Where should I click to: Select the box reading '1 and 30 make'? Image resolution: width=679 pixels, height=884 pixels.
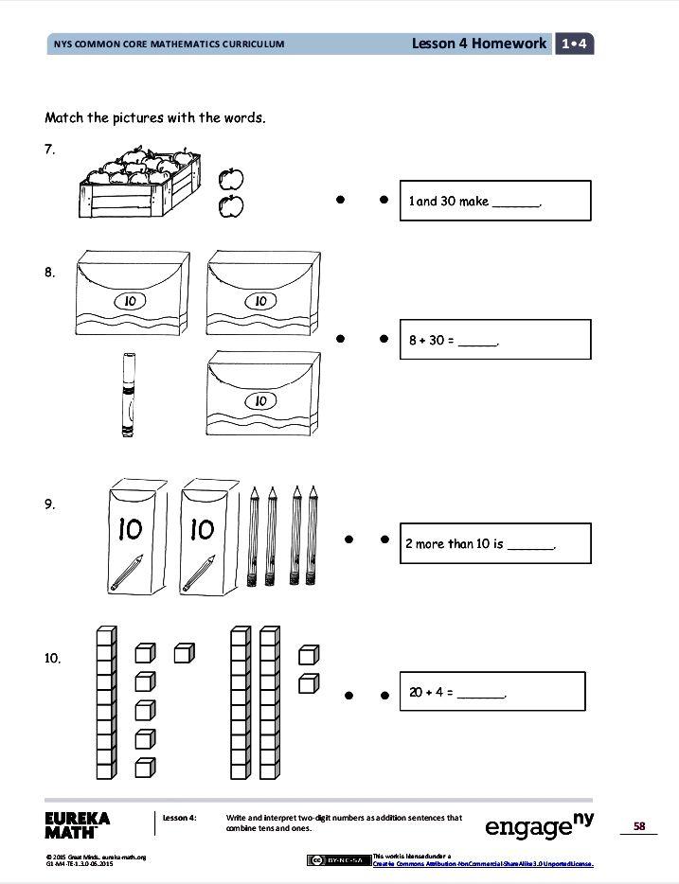[495, 201]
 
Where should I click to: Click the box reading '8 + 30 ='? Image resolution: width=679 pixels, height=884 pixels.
[495, 339]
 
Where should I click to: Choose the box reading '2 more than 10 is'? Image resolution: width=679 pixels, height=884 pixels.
[495, 544]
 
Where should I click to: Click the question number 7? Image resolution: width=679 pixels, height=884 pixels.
[50, 149]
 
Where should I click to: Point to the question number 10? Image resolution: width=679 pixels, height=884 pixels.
[53, 657]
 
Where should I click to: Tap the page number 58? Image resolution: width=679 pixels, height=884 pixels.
[639, 826]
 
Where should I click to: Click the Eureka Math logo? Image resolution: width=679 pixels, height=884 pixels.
[78, 824]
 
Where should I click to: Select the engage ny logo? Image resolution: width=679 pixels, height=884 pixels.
[539, 826]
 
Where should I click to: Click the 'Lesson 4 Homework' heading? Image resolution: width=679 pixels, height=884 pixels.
[479, 44]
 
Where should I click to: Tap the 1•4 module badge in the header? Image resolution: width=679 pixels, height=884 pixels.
[575, 44]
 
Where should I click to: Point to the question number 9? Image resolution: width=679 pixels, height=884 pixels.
[50, 504]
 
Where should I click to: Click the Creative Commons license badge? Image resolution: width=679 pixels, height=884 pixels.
[338, 859]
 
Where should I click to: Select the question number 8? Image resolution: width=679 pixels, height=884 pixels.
[50, 273]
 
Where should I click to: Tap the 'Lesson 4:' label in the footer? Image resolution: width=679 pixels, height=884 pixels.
[179, 817]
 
